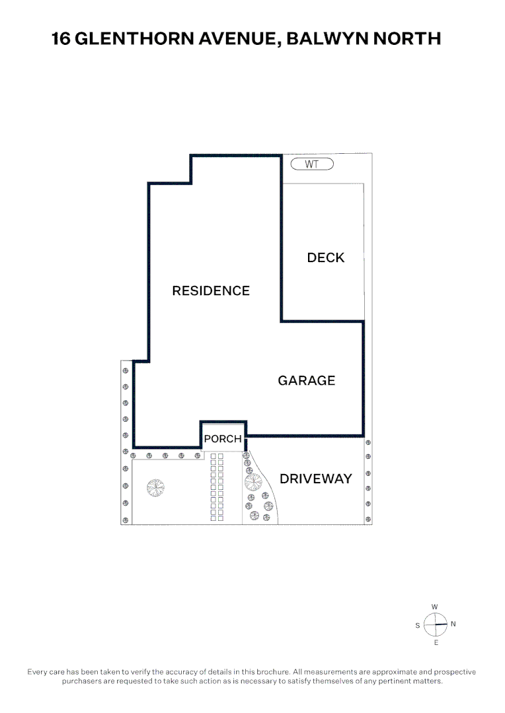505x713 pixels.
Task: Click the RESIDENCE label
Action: point(211,291)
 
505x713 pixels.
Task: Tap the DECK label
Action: point(326,258)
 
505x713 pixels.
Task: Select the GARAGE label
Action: point(307,381)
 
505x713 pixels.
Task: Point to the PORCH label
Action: point(223,439)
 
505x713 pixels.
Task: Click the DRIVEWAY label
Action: point(315,479)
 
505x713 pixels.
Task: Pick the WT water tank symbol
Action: point(312,164)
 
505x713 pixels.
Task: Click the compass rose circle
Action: point(436,625)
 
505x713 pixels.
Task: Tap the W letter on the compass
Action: point(434,607)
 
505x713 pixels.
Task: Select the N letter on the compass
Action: point(453,624)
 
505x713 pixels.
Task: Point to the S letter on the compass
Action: point(418,626)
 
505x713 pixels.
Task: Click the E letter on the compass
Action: point(436,642)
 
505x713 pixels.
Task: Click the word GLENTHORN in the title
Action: point(134,39)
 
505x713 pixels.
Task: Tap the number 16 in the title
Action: point(61,39)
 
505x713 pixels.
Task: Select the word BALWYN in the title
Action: point(328,39)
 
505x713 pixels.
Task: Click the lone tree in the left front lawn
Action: point(156,488)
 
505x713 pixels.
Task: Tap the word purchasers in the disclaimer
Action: point(82,681)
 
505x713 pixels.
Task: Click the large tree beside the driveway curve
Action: point(253,482)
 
